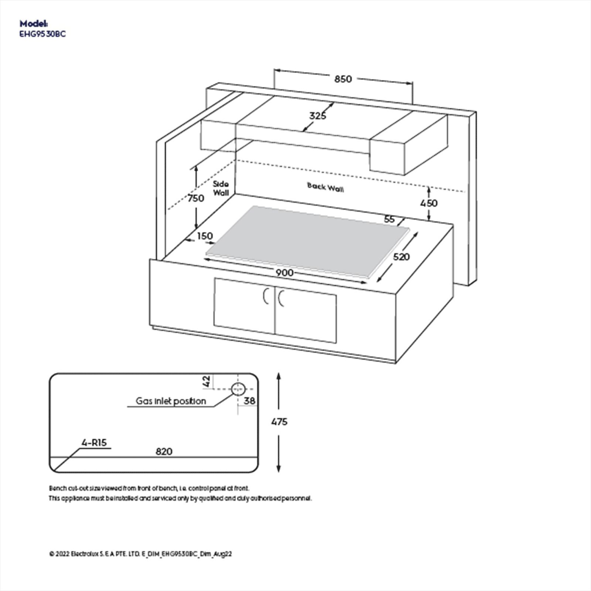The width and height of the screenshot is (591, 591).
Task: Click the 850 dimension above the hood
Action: [x=343, y=79]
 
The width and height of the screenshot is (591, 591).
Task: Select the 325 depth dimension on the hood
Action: [x=318, y=116]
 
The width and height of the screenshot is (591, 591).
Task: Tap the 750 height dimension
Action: [x=196, y=198]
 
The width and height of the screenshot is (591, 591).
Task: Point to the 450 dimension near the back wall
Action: [x=429, y=203]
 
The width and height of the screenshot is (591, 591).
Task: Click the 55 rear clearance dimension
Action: [x=389, y=219]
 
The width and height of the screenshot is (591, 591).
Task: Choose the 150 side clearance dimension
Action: [x=205, y=236]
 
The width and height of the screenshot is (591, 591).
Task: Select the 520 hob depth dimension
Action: [x=401, y=257]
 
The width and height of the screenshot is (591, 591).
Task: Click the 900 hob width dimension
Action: [x=284, y=273]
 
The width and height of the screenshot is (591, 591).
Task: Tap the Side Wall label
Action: [x=221, y=188]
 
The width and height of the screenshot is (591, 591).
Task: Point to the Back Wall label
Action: [x=325, y=187]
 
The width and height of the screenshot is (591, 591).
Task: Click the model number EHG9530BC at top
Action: [x=42, y=34]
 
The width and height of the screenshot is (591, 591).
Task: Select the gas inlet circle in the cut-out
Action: [x=238, y=389]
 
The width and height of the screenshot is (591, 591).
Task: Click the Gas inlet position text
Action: [x=171, y=401]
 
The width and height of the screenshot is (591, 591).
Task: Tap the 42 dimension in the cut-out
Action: [x=207, y=381]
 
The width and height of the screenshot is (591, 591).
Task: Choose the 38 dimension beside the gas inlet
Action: [x=249, y=401]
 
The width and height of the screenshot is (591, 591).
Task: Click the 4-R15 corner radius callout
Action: [x=94, y=443]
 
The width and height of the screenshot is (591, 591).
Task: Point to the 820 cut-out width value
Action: [x=164, y=451]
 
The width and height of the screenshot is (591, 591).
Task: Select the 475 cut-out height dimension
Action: [x=279, y=422]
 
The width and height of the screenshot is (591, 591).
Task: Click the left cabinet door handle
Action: [x=265, y=297]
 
